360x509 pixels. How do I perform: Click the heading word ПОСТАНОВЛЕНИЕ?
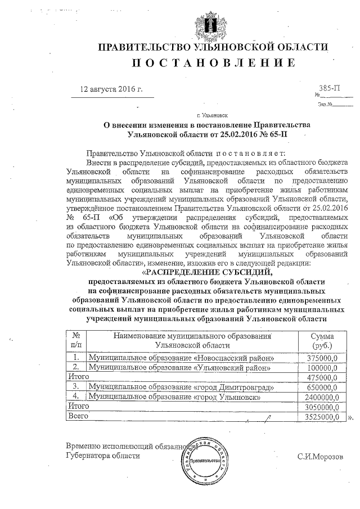click(x=213, y=64)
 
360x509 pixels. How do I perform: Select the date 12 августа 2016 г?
click(x=112, y=89)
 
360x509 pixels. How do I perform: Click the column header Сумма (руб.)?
click(x=322, y=340)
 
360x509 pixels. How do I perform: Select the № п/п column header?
click(x=76, y=340)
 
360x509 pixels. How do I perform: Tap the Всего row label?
click(x=76, y=417)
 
